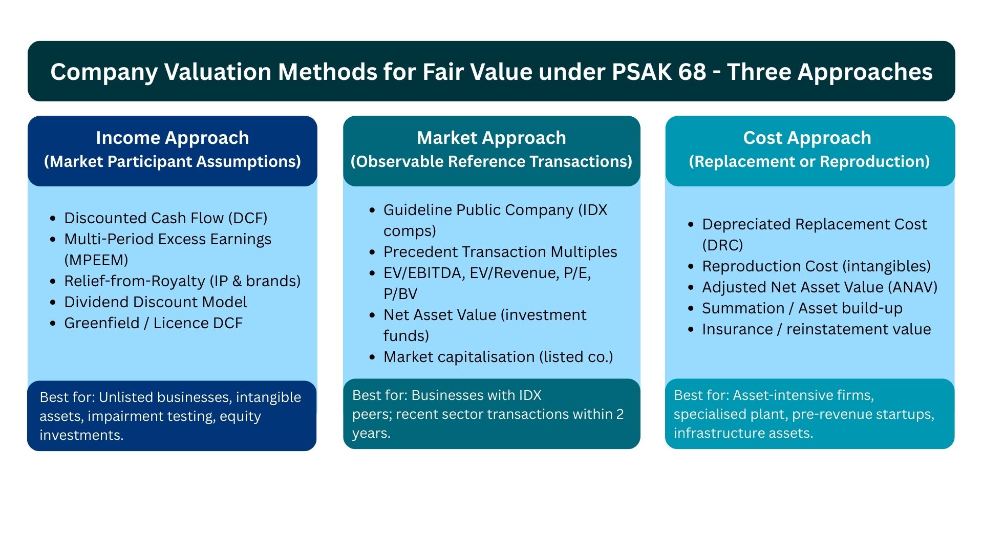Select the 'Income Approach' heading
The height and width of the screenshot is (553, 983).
tap(172, 138)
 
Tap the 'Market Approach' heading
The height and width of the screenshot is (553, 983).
tap(491, 138)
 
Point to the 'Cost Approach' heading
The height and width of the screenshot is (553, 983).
tap(807, 138)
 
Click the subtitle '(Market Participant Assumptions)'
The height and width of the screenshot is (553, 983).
tap(172, 162)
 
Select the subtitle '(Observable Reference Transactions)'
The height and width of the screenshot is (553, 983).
tap(491, 162)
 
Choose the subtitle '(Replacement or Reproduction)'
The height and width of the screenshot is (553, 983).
tap(809, 162)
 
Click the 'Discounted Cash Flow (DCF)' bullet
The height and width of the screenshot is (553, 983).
tap(165, 218)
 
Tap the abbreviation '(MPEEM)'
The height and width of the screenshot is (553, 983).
tap(96, 260)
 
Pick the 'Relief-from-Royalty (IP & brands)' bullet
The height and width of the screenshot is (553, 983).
tap(182, 281)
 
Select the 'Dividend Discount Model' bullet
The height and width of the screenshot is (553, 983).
tap(155, 302)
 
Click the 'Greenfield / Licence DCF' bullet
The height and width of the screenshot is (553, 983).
tap(153, 323)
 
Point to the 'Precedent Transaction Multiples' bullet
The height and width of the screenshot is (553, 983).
tap(500, 252)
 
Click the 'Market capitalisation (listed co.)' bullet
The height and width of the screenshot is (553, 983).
tap(498, 357)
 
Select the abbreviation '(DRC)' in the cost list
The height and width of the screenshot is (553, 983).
tap(722, 245)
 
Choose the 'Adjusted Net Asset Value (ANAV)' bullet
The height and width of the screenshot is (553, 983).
tap(819, 287)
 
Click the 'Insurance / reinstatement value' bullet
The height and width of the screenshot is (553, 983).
tap(816, 329)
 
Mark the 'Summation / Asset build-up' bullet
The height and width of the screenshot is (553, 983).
tap(802, 308)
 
